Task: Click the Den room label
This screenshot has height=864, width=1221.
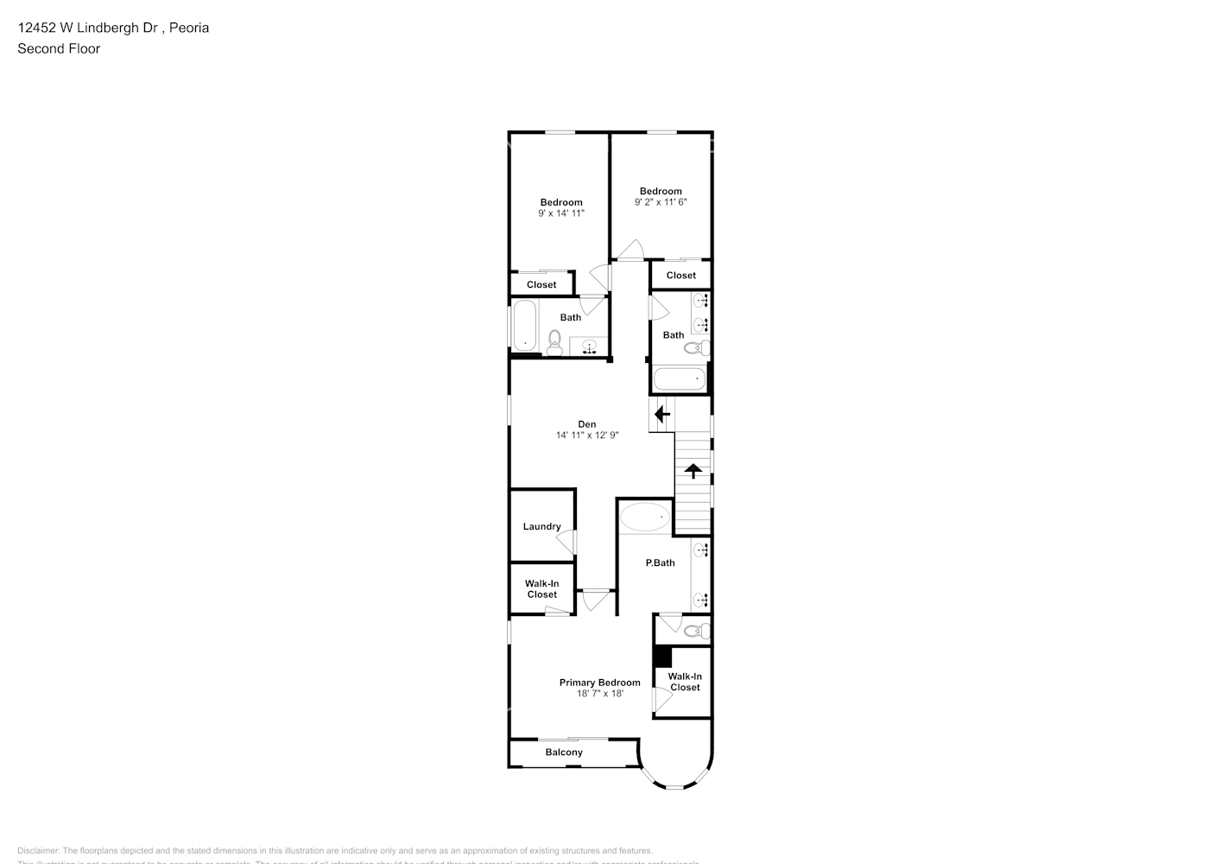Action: (x=587, y=424)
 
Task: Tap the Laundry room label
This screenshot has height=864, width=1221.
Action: (x=541, y=527)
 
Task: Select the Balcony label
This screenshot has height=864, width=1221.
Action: (x=564, y=753)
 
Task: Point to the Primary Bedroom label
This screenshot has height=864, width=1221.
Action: (x=599, y=683)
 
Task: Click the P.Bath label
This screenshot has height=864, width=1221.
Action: (x=661, y=563)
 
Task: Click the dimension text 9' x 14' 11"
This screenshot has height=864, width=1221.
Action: (x=561, y=213)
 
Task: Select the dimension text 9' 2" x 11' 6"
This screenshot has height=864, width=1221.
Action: (x=661, y=202)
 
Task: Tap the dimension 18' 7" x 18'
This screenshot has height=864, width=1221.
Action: (x=599, y=694)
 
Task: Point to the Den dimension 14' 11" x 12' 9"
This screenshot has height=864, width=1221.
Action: (x=587, y=435)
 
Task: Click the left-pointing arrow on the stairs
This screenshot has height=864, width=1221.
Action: (x=662, y=415)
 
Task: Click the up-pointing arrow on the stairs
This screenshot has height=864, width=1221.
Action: (x=693, y=471)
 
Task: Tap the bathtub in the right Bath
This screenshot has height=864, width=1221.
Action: (x=680, y=379)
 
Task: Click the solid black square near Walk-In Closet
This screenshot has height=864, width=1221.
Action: (x=662, y=657)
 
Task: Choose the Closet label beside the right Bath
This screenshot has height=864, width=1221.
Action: (x=680, y=276)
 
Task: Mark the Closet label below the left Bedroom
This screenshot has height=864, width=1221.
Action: (x=541, y=285)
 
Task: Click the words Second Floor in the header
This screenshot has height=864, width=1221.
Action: (x=59, y=48)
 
